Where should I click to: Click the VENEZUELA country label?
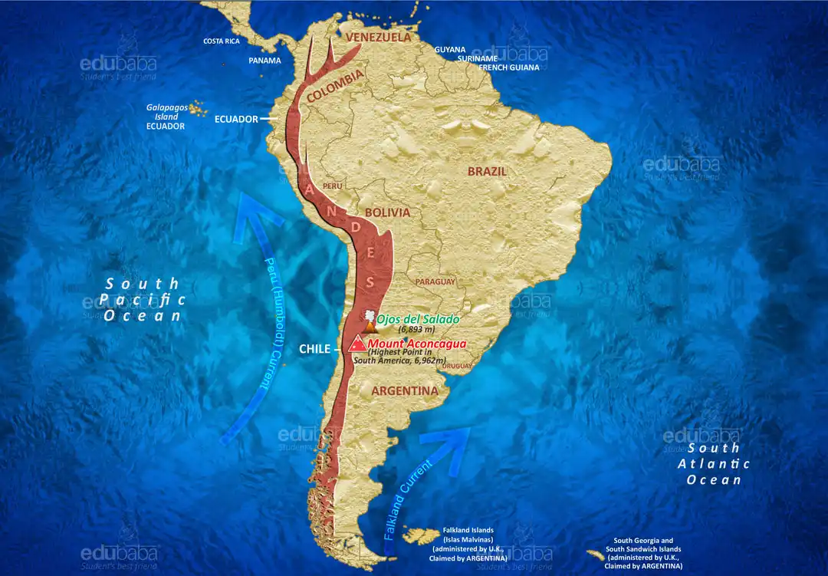(378, 37)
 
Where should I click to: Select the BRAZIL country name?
(487, 171)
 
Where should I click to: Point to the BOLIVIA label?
(387, 212)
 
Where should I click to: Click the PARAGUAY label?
(435, 281)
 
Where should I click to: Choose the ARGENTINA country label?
(404, 391)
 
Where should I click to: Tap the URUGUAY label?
(458, 366)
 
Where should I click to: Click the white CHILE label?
(314, 349)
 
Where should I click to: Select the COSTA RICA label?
(222, 41)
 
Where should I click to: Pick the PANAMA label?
(264, 61)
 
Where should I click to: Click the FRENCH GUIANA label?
(509, 67)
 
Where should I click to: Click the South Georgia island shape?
(596, 555)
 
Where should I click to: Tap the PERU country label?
(333, 186)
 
